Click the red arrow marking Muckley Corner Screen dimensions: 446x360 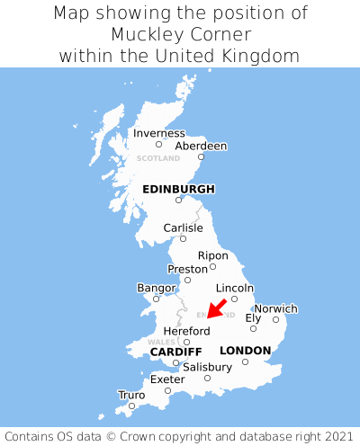tap(216, 308)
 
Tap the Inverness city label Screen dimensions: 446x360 tap(158, 133)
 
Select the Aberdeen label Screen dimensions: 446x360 tap(201, 146)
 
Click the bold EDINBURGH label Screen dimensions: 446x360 tap(178, 189)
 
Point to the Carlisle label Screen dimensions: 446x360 tap(183, 227)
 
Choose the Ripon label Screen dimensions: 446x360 tap(213, 255)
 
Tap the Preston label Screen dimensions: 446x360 tap(187, 269)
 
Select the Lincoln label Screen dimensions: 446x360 tap(235, 288)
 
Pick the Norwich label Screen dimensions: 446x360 tap(275, 308)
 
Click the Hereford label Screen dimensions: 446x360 tap(186, 331)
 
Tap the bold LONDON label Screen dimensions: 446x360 tap(245, 350)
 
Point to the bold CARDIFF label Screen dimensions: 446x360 tap(175, 351)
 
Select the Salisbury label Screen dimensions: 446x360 tap(207, 367)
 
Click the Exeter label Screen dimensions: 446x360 tap(167, 379)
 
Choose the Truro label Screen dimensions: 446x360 tap(131, 395)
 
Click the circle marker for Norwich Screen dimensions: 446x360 tap(276, 319)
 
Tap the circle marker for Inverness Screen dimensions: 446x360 tap(158, 144)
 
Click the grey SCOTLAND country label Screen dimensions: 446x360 tap(158, 158)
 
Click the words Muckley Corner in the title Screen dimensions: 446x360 tap(180, 34)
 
